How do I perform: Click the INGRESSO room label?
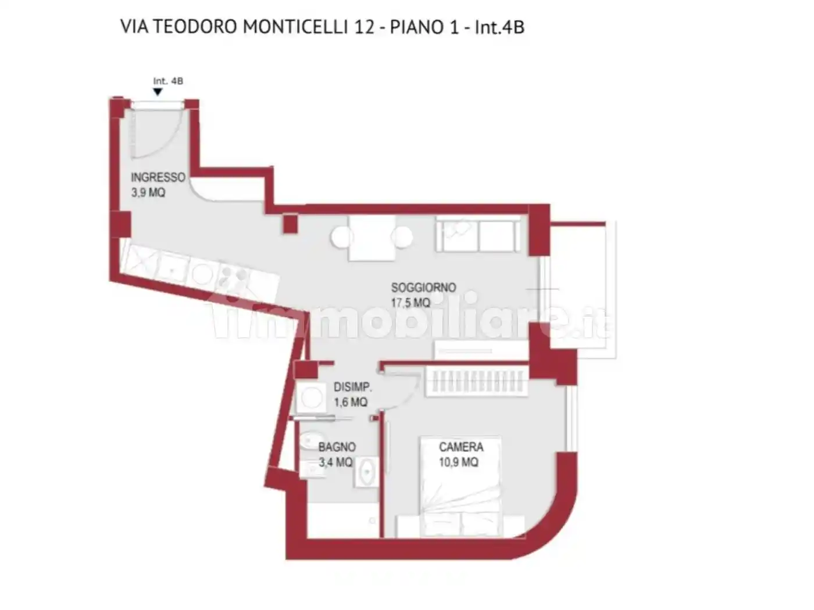click(x=158, y=177)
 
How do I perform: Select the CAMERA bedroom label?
click(x=461, y=447)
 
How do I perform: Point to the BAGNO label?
click(x=337, y=447)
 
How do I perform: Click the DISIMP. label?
click(x=352, y=387)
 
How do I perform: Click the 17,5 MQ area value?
click(x=410, y=303)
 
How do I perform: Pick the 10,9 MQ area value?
click(x=459, y=462)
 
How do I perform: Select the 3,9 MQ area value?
click(x=148, y=193)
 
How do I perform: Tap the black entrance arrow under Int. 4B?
click(x=158, y=92)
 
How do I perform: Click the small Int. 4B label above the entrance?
click(x=168, y=81)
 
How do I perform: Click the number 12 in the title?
click(x=365, y=27)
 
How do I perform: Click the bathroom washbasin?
click(x=367, y=471)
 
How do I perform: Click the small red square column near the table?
click(x=290, y=224)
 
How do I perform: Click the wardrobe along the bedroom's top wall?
click(x=477, y=382)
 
